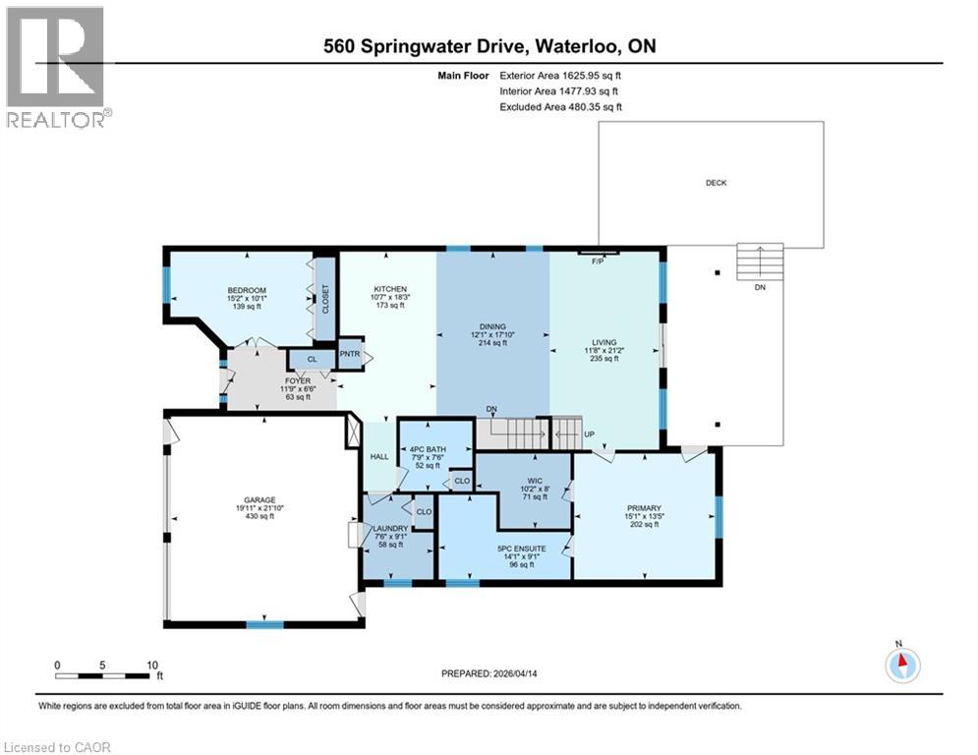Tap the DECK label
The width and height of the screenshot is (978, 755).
click(x=716, y=183)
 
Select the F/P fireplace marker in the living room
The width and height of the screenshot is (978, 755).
click(x=597, y=261)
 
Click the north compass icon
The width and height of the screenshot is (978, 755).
click(x=901, y=666)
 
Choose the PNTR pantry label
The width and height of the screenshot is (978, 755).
click(x=350, y=354)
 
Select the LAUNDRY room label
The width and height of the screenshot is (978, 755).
click(x=390, y=529)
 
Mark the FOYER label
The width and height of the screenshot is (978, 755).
click(x=298, y=380)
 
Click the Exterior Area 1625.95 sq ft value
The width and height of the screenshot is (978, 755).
click(x=560, y=75)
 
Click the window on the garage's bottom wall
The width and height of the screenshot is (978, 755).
click(x=264, y=623)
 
